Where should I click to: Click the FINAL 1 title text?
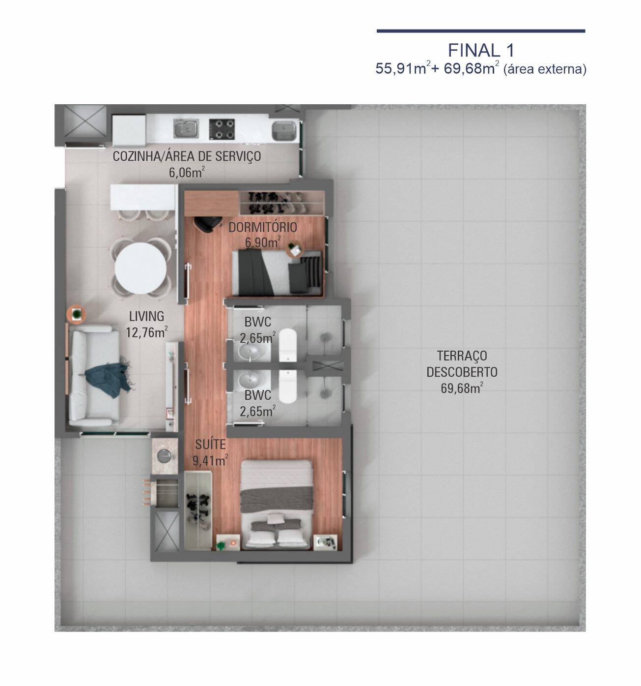481,50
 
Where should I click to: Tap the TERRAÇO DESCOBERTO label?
462,364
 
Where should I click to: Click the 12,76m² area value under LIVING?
146,332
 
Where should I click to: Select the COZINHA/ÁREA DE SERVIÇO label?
187,156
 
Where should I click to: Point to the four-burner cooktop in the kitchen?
222,129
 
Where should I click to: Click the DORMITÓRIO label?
263,227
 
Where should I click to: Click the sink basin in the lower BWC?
251,381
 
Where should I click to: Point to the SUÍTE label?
210,445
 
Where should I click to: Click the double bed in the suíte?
276,504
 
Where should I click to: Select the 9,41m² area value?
211,461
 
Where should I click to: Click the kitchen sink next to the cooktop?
186,129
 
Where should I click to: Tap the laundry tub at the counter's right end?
283,130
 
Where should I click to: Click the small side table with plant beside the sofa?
77,315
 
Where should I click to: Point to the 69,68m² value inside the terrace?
462,388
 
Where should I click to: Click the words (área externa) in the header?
545,69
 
